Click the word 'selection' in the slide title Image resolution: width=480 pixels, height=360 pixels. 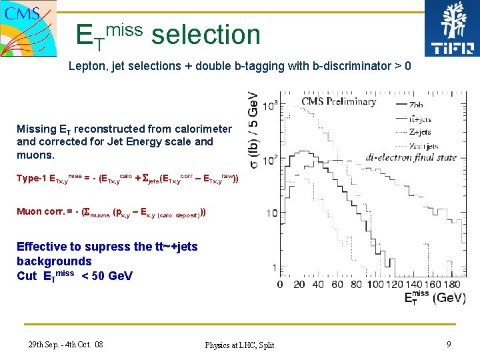205,35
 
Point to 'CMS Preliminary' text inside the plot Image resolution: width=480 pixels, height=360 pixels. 339,101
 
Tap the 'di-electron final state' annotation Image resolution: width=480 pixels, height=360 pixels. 411,157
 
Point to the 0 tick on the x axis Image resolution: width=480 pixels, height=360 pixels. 280,285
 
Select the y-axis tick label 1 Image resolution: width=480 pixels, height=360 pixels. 274,267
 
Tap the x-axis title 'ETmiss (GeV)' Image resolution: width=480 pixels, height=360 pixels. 435,298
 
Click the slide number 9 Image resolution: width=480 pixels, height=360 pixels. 449,344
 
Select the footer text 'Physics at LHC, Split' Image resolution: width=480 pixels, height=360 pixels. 239,345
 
